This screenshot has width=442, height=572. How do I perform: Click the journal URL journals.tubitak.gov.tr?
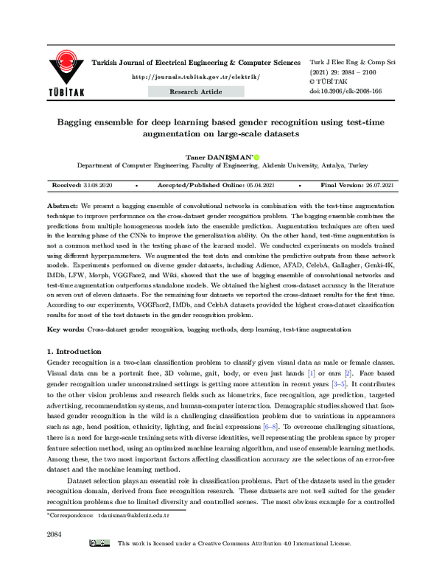click(x=186, y=77)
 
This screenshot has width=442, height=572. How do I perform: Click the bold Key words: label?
click(x=66, y=329)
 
